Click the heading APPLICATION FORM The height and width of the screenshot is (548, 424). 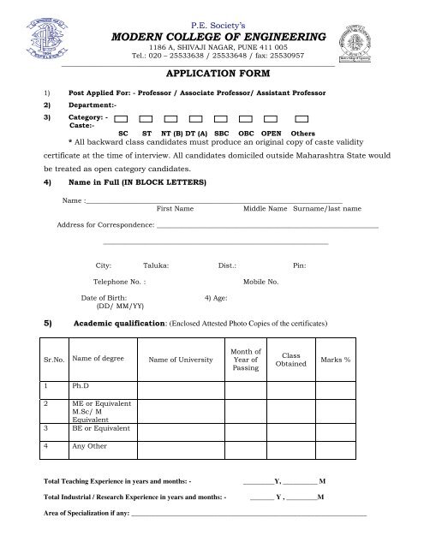tap(212, 74)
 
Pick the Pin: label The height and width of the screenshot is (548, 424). tap(299, 266)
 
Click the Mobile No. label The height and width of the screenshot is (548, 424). tap(261, 281)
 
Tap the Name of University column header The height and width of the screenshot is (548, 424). tap(180, 360)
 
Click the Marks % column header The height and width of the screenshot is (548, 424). tap(335, 360)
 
